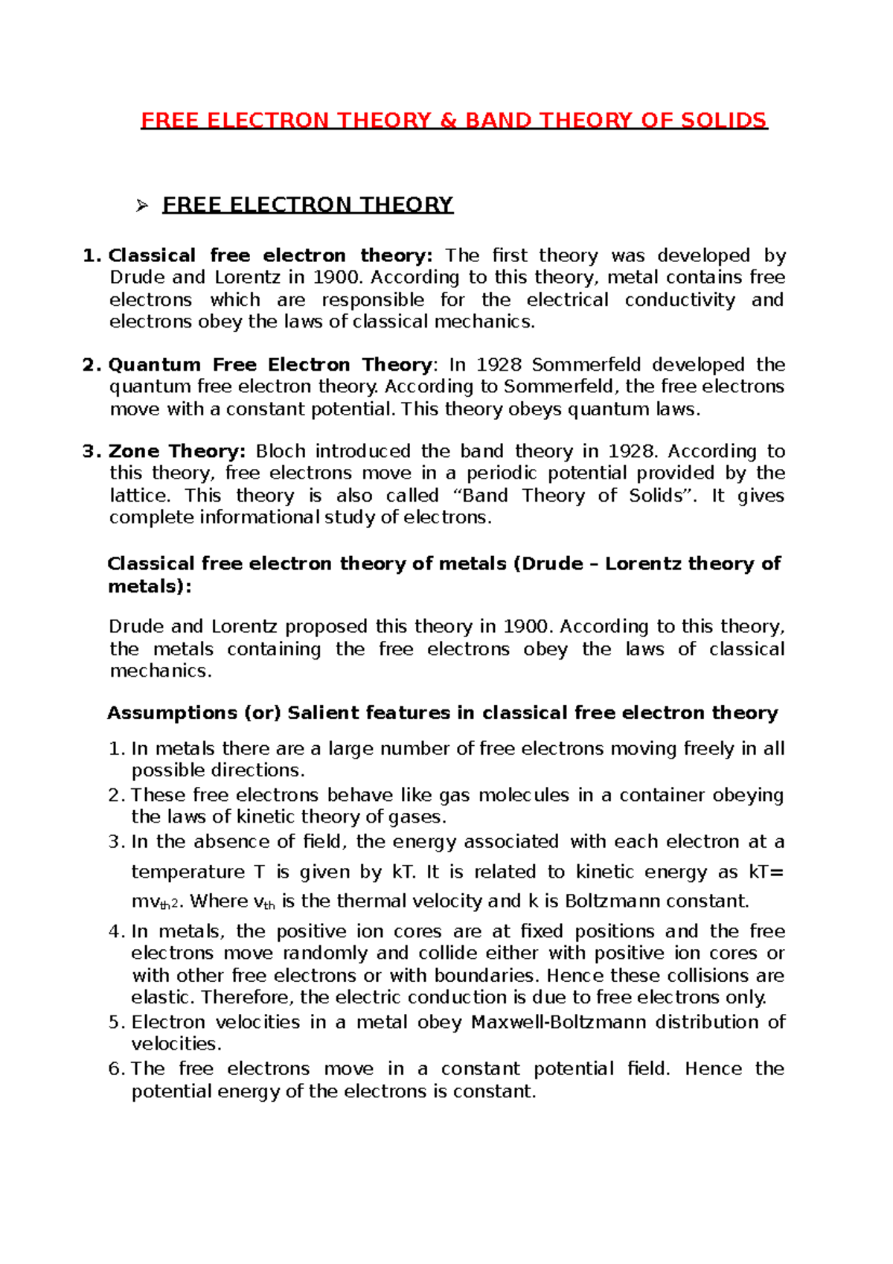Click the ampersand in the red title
point(449,121)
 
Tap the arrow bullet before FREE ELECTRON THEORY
point(143,205)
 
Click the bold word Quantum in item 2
point(155,365)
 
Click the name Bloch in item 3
point(281,452)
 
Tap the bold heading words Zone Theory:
point(177,452)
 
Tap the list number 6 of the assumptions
point(114,1070)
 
